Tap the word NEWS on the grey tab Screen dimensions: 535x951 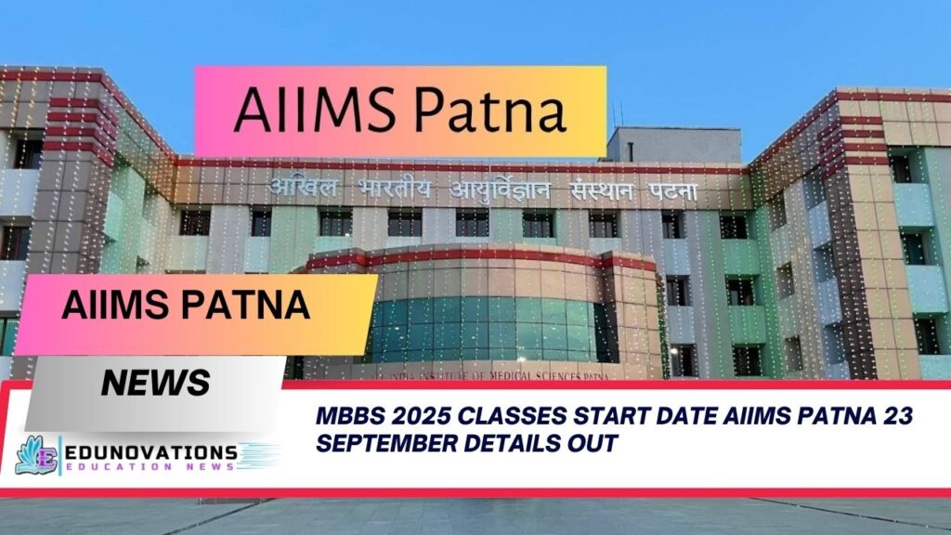154,381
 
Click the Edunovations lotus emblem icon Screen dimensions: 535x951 36,455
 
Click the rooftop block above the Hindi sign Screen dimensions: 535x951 672,145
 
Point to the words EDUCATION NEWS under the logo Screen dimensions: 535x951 151,467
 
